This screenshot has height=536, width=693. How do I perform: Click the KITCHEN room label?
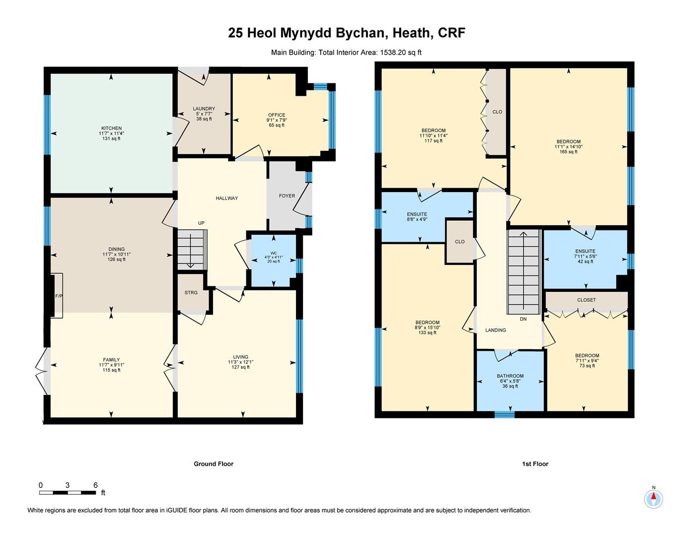pos(111,129)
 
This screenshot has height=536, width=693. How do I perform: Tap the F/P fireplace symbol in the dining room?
pos(58,296)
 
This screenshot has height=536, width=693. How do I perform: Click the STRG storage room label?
pos(191,293)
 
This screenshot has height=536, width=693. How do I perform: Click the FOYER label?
pos(287,196)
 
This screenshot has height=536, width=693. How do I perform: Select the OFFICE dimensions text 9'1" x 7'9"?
pos(277,120)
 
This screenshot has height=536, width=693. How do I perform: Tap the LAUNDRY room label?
pos(204,109)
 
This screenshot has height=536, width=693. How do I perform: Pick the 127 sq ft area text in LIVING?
pos(241,367)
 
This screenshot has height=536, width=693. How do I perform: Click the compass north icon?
pos(653,498)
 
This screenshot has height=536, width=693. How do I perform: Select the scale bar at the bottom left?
pos(68,493)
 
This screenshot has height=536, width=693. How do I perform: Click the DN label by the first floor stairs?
pos(523,319)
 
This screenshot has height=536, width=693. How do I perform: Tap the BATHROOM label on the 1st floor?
pos(510,376)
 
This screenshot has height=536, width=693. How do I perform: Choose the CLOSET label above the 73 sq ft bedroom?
pos(586,300)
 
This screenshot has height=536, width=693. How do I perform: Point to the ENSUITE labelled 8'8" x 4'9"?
pos(417,214)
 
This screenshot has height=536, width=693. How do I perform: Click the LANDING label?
pos(496,330)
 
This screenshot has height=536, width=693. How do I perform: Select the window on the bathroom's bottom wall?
pos(505,415)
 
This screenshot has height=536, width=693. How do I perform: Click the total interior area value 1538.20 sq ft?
pos(401,52)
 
